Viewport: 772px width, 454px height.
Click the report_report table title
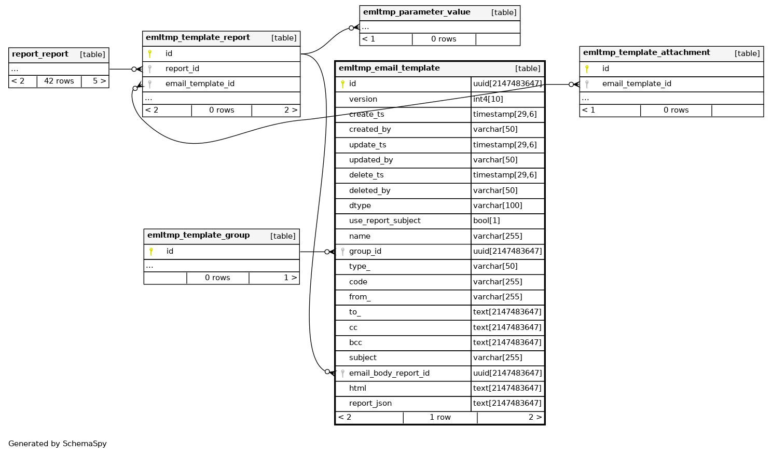(40, 54)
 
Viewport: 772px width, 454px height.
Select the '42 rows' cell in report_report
(59, 81)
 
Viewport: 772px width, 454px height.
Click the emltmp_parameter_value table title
(417, 12)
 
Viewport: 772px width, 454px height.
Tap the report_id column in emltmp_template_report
(182, 69)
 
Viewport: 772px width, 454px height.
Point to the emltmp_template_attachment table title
(646, 53)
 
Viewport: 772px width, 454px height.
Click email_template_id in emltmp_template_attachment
(637, 84)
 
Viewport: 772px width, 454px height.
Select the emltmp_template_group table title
(198, 236)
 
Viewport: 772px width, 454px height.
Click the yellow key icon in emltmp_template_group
(151, 252)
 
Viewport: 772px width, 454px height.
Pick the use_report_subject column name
(384, 221)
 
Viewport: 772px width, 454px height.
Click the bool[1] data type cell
(487, 221)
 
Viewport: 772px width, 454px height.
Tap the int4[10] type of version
(488, 100)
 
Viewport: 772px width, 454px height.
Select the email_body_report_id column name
(389, 374)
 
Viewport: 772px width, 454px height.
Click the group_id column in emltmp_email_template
(365, 252)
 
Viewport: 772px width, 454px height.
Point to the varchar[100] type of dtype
(498, 206)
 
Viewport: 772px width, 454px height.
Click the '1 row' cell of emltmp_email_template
(440, 418)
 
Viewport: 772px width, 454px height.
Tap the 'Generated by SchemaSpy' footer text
(58, 444)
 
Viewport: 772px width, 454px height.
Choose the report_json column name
(370, 404)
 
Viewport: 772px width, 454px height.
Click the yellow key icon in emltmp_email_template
(342, 84)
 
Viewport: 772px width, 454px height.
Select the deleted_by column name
(369, 191)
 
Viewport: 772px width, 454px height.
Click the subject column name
(363, 358)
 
